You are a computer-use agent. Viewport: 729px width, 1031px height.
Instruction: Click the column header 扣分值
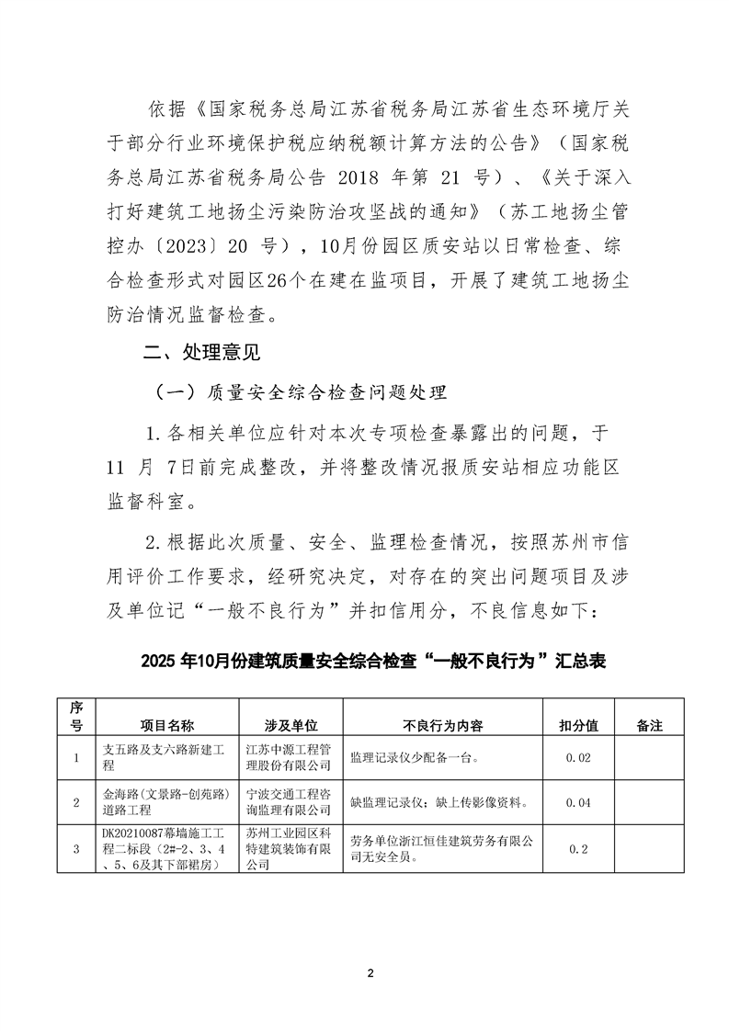click(x=578, y=725)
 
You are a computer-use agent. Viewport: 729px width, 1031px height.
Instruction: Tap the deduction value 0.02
click(x=578, y=757)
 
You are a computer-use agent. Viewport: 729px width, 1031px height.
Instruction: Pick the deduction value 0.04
click(x=578, y=802)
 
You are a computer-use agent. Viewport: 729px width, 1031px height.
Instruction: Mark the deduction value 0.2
click(x=578, y=848)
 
